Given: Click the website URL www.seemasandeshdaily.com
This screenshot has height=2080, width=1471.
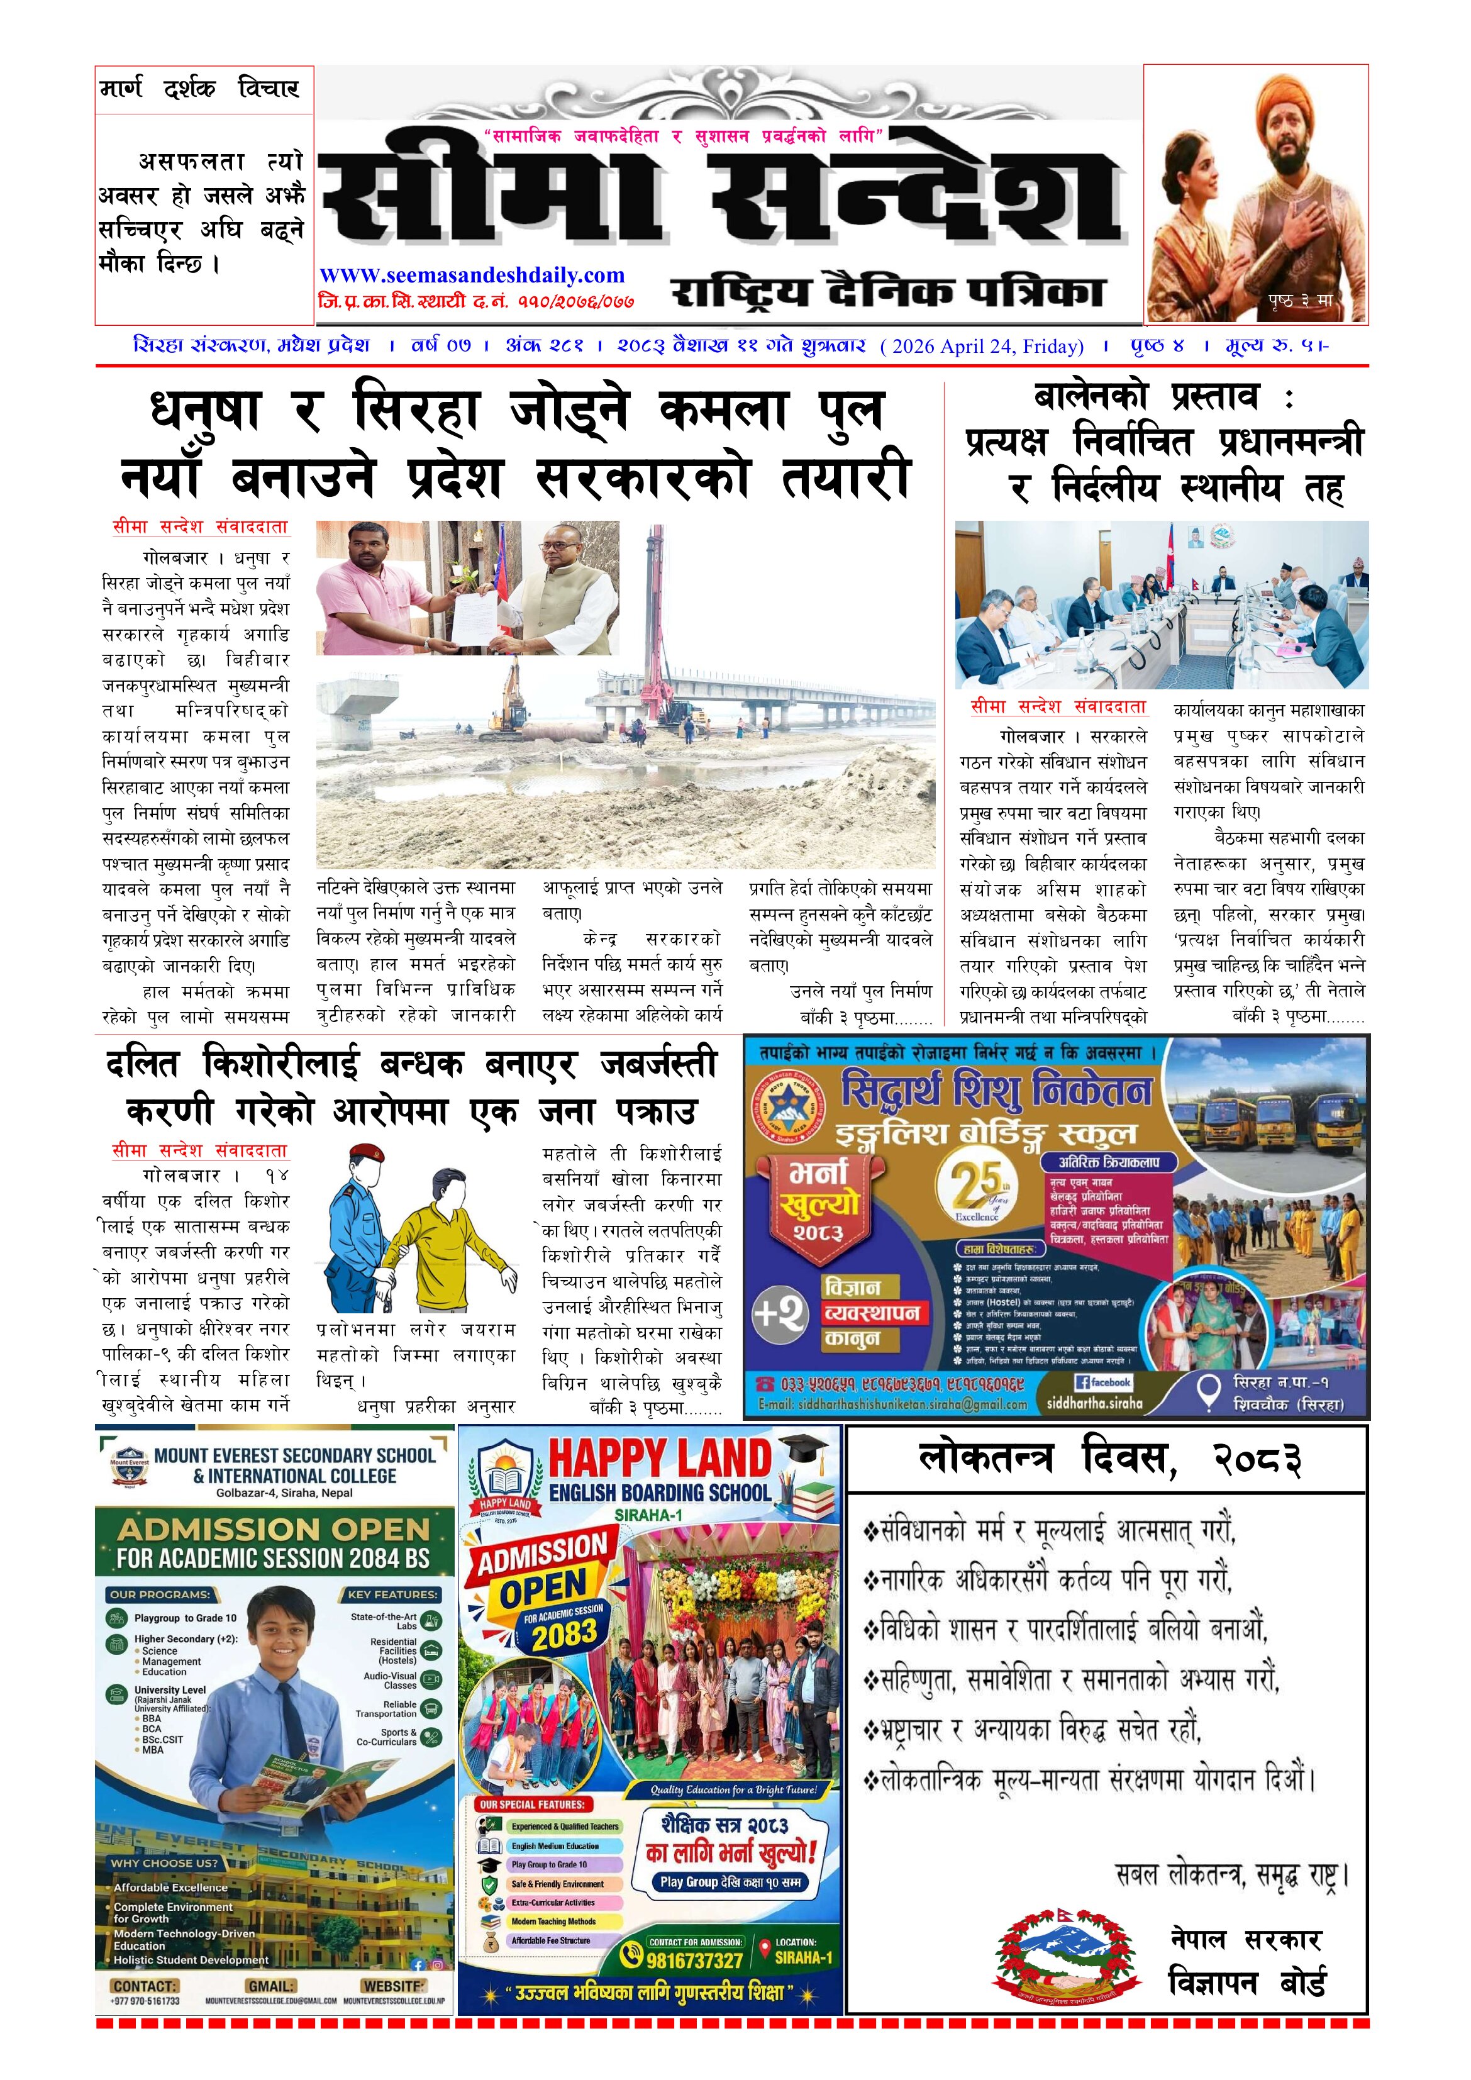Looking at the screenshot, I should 472,275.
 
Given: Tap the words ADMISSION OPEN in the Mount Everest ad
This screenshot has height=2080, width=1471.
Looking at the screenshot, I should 274,1530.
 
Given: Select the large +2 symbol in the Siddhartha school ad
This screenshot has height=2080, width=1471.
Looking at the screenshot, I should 780,1313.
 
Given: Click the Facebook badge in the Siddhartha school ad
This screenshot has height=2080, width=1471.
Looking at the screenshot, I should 1103,1382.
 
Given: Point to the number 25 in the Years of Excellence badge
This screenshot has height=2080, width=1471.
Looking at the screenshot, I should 977,1183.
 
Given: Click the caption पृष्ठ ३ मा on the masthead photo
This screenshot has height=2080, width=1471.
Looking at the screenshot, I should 1300,301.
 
